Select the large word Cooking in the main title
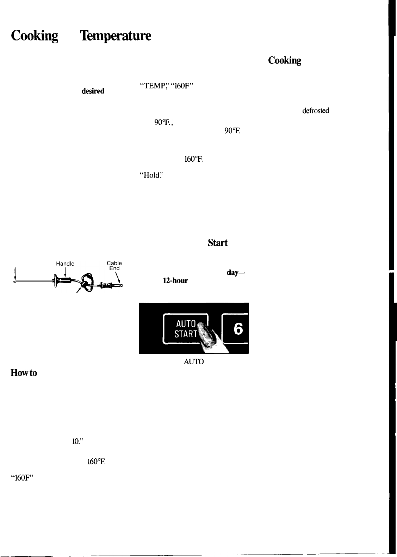(35, 36)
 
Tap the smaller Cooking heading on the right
(285, 61)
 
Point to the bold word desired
(93, 91)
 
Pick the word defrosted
(316, 111)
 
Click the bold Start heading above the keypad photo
(218, 243)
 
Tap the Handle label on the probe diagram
(65, 264)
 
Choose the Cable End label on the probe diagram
(114, 266)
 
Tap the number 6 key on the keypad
(238, 329)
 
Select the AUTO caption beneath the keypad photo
(194, 362)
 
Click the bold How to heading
(24, 373)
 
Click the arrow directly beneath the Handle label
(66, 273)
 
